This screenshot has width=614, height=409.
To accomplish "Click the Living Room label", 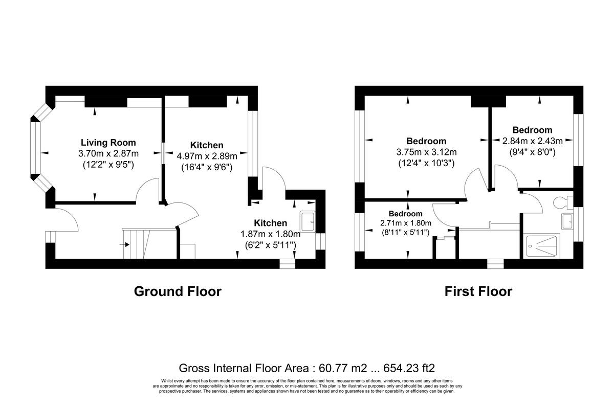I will tap(108, 143).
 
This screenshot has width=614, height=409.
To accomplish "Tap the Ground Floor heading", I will tap(178, 291).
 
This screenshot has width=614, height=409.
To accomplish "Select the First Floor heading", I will tap(478, 291).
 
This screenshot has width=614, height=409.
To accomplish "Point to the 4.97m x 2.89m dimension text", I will tap(207, 156).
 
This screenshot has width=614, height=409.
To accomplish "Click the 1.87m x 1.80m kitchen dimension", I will tap(270, 234).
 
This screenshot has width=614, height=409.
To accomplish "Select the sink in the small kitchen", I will tap(309, 221).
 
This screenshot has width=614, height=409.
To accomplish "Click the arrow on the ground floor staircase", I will tap(123, 244).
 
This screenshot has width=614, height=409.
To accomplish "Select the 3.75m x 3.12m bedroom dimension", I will tap(426, 152).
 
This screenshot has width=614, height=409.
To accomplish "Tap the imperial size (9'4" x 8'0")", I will tap(532, 152).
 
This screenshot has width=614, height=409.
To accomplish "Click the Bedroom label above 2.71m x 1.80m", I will tap(405, 214).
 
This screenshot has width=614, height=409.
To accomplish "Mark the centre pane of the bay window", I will tap(35, 148).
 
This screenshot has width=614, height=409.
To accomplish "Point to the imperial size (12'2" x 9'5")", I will tap(108, 165).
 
